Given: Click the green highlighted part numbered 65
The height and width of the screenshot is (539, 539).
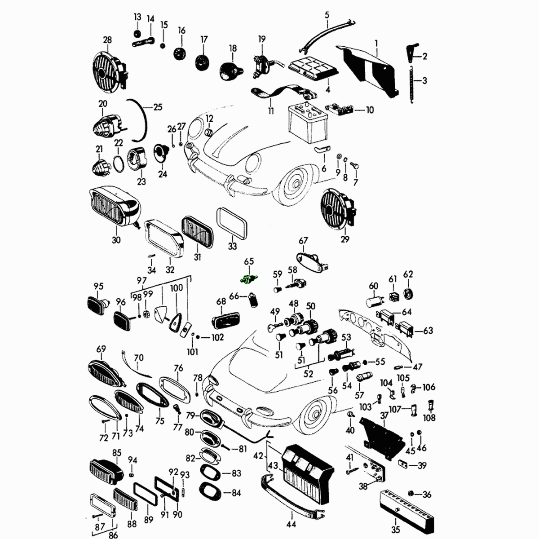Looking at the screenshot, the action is click(x=249, y=279).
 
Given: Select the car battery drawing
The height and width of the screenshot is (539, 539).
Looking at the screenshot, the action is click(x=308, y=124).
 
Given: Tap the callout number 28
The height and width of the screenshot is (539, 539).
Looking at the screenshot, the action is click(x=107, y=40).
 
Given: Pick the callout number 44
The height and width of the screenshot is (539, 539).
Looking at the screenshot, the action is click(x=291, y=524).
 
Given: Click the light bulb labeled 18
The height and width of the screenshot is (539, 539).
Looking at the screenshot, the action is click(x=231, y=71).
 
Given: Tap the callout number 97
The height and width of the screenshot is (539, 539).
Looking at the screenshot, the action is click(x=142, y=280).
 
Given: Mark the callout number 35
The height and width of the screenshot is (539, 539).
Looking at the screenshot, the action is click(x=396, y=530).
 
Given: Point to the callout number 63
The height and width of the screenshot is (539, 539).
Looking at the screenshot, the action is click(x=428, y=330).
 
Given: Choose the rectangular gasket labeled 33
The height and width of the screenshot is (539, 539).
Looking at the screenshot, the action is click(x=232, y=223).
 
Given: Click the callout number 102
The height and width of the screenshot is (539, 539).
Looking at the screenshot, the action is click(x=218, y=337).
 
